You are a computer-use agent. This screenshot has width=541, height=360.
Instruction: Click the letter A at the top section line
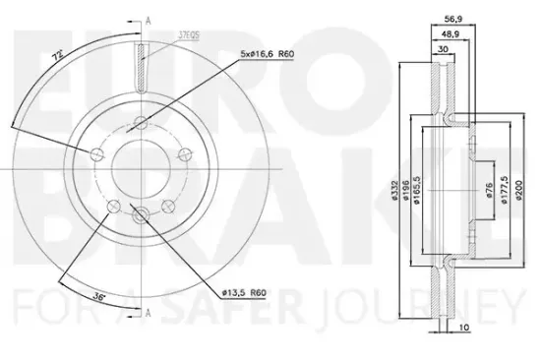(x=149, y=20)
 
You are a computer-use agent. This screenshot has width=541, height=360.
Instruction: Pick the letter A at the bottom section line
(x=149, y=313)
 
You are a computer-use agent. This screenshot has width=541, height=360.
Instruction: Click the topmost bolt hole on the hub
(x=143, y=123)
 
